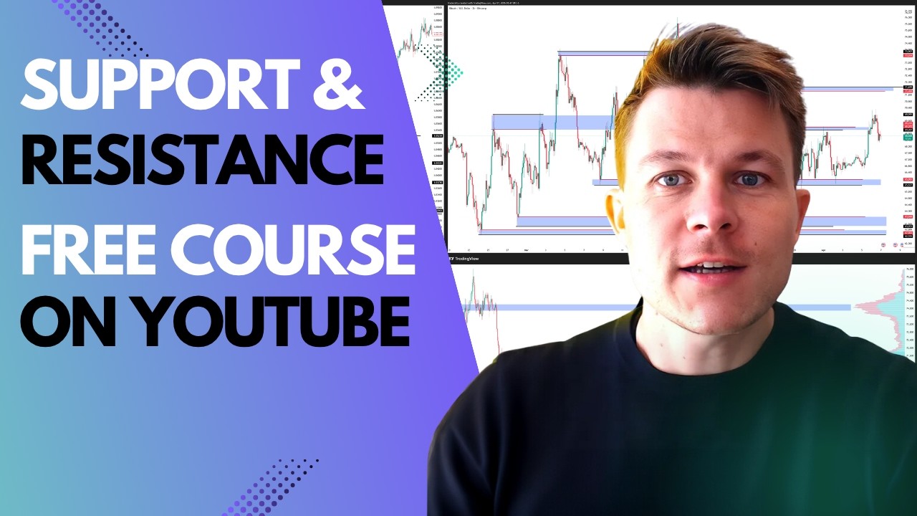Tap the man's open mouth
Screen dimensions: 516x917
point(713,267)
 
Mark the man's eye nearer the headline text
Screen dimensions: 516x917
point(671,180)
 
